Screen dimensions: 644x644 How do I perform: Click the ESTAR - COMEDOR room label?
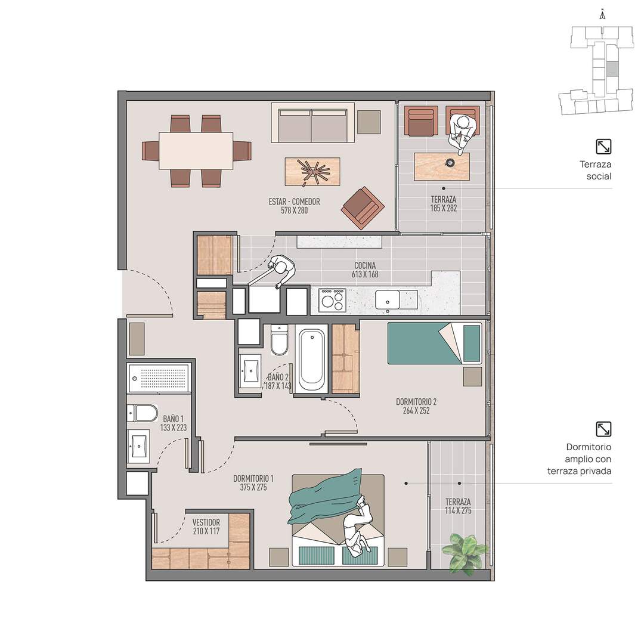(x=294, y=202)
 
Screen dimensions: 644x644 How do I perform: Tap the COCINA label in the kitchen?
(x=365, y=266)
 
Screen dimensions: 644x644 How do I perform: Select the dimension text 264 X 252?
(x=416, y=410)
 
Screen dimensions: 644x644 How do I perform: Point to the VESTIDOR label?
(x=206, y=522)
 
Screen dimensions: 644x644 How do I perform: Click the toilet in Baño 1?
(x=143, y=413)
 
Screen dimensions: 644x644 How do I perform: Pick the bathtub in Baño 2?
(x=311, y=358)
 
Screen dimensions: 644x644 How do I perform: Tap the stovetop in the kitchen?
(x=332, y=300)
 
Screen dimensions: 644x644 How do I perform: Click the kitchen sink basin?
(x=388, y=299)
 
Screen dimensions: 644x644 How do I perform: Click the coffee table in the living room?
(x=312, y=171)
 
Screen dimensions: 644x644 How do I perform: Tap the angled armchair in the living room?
(x=363, y=208)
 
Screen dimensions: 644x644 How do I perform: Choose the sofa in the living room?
(x=312, y=123)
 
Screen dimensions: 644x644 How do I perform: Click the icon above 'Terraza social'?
(x=603, y=147)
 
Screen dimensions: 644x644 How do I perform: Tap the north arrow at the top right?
(x=602, y=15)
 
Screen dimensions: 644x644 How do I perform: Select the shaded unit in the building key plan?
(x=612, y=69)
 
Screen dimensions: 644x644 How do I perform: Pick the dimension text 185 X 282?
(x=444, y=208)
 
